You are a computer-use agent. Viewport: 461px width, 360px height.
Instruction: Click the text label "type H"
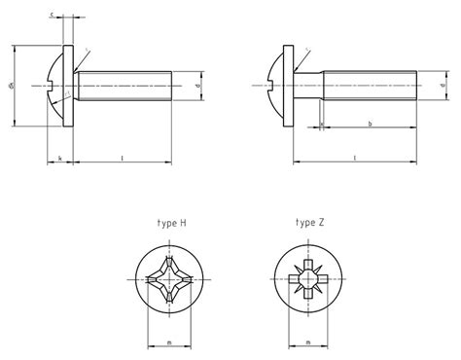[x=171, y=223]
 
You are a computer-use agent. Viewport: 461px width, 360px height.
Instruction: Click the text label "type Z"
[x=311, y=223]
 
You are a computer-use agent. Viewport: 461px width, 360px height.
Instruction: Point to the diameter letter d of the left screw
[x=198, y=86]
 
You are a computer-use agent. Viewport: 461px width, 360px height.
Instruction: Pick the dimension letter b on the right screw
[x=371, y=124]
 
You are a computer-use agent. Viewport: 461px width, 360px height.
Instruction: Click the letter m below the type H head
[x=170, y=342]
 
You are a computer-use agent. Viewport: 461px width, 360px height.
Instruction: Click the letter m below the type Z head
[x=307, y=342]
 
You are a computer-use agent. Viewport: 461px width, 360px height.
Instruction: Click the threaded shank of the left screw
[x=126, y=86]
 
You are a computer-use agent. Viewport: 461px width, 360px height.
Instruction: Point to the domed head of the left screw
[x=55, y=86]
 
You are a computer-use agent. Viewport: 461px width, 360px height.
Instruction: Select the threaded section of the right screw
[x=370, y=86]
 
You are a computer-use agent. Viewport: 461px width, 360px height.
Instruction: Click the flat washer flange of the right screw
[x=292, y=86]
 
